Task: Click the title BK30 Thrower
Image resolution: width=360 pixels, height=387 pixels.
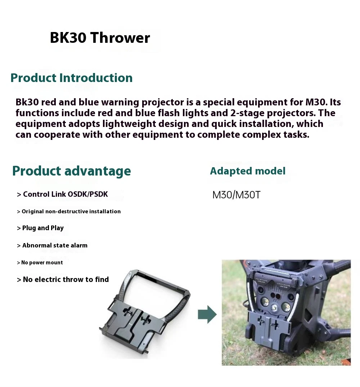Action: tap(100, 38)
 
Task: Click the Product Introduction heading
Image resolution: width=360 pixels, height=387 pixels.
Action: tap(71, 78)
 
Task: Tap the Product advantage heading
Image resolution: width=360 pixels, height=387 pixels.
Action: tap(71, 171)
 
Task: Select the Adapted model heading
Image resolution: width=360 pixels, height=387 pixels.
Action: tap(248, 171)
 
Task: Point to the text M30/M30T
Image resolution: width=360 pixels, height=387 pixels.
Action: tap(237, 195)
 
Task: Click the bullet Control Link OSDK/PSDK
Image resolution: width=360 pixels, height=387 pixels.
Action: tap(62, 194)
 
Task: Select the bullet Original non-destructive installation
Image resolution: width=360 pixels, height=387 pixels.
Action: tap(69, 211)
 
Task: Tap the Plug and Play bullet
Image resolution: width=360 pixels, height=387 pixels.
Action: tap(40, 228)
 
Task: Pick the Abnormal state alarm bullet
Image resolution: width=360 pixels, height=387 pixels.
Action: tap(52, 245)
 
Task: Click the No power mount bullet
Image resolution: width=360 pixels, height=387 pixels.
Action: tap(40, 263)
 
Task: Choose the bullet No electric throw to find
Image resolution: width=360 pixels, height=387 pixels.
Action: tap(63, 279)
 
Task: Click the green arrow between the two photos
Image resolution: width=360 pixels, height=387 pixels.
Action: tap(207, 314)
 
